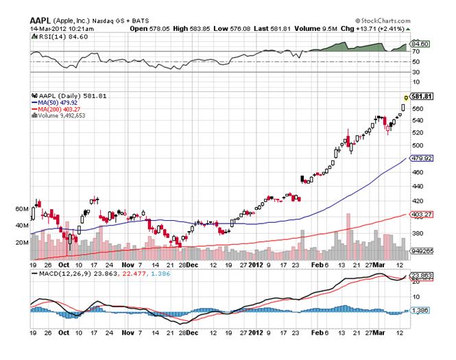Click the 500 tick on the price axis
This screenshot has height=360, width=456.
(x=418, y=145)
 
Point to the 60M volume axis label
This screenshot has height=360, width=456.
(x=21, y=208)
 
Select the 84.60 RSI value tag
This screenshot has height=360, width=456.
(x=420, y=44)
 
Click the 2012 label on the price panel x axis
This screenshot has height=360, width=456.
(x=255, y=264)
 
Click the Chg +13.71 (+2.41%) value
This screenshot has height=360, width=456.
(x=376, y=29)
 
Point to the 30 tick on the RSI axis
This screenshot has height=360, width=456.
(x=416, y=71)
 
